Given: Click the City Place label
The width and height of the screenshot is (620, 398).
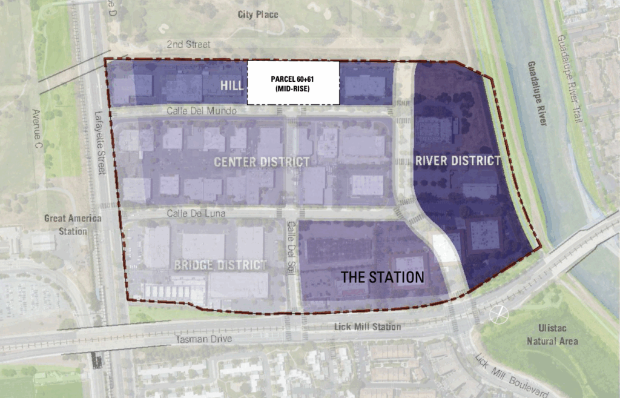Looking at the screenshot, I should [x=258, y=15].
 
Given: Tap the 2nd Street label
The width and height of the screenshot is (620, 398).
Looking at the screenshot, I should [x=189, y=45].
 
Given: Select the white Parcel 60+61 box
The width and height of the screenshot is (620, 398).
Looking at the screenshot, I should [x=293, y=83].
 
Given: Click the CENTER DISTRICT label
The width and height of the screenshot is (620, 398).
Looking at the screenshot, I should [x=262, y=162].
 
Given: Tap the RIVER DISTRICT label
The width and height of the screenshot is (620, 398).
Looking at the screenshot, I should [x=458, y=161].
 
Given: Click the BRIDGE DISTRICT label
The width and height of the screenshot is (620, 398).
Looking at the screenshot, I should [x=220, y=265].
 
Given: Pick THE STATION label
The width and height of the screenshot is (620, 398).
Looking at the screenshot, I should [x=382, y=278].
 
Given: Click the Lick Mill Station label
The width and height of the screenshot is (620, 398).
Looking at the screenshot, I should [x=368, y=327].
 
